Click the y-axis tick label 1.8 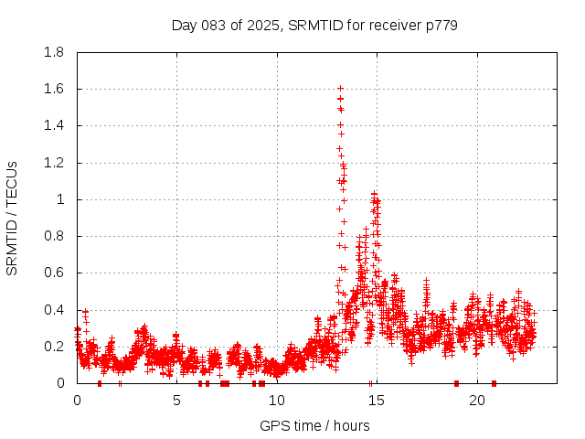point(58,52)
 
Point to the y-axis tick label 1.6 point(58,89)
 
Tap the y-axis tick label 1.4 point(58,125)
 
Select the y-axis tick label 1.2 point(58,163)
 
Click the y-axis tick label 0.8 point(58,236)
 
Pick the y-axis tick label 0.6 point(58,273)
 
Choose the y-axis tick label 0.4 point(58,309)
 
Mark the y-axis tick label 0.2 point(58,346)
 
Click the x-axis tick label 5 point(176,401)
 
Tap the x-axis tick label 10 point(276,401)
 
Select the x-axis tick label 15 point(377,401)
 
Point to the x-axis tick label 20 point(476,401)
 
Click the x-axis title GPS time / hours point(314,425)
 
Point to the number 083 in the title point(214,25)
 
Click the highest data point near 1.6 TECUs point(340,89)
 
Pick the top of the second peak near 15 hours point(374,194)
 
